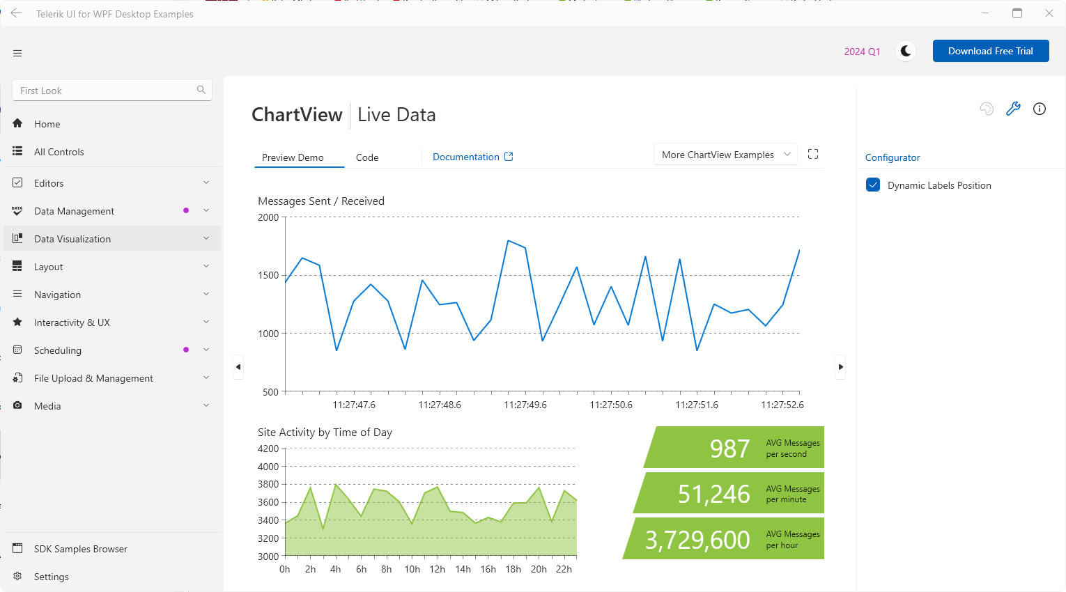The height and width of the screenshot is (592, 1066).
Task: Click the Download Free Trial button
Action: click(990, 51)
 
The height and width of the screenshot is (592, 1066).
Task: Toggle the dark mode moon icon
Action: click(906, 51)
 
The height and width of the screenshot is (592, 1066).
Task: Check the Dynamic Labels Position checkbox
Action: click(873, 185)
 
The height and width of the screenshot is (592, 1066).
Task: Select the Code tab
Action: click(367, 157)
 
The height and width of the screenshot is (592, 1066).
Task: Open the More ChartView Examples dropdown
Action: click(725, 155)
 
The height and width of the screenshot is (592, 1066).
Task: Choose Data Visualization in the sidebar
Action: click(72, 239)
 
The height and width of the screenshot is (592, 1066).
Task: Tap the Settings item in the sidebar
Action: click(52, 577)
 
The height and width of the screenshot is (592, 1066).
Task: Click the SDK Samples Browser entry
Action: click(81, 549)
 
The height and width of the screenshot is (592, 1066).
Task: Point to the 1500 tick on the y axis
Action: click(268, 275)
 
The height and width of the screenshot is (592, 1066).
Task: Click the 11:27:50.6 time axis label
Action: click(611, 405)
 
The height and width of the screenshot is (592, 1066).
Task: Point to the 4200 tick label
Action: click(268, 449)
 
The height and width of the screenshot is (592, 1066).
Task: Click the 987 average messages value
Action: click(729, 449)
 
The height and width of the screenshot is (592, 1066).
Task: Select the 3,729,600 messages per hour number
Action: click(697, 540)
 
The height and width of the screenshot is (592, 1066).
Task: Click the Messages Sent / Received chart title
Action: click(321, 201)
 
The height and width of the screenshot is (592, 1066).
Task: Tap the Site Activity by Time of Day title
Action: click(325, 433)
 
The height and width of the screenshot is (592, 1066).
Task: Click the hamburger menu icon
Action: click(17, 53)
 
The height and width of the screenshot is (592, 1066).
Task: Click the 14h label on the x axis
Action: click(463, 569)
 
